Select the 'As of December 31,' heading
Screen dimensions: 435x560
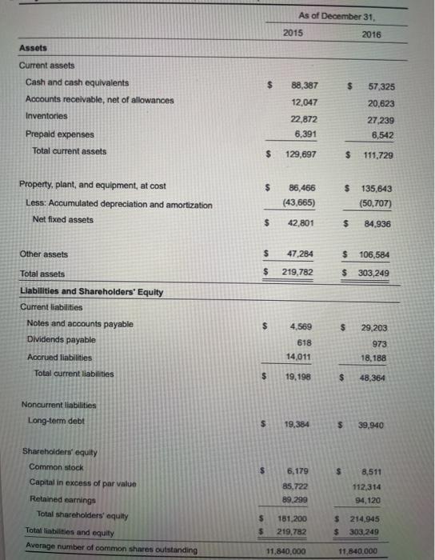330,15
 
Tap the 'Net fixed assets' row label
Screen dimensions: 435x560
62,219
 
